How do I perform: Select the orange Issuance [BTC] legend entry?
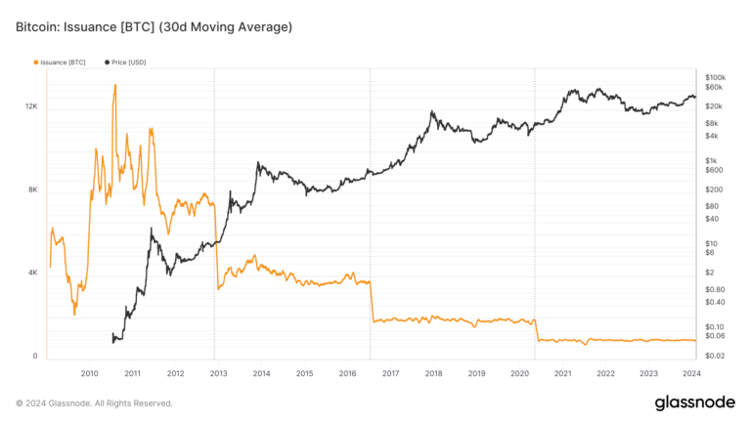pyautogui.click(x=60, y=63)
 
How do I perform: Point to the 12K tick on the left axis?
pyautogui.click(x=31, y=105)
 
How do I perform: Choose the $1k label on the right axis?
pyautogui.click(x=712, y=160)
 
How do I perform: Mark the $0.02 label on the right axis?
pyautogui.click(x=715, y=356)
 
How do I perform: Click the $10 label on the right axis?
pyautogui.click(x=711, y=243)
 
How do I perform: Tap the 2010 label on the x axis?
pyautogui.click(x=90, y=373)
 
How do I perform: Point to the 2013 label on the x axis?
pyautogui.click(x=219, y=373)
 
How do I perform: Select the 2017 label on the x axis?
pyautogui.click(x=390, y=373)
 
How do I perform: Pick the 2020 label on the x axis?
pyautogui.click(x=519, y=373)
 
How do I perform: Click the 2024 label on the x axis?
pyautogui.click(x=690, y=373)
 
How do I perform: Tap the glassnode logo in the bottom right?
pyautogui.click(x=695, y=402)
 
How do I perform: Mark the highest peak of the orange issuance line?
pyautogui.click(x=115, y=85)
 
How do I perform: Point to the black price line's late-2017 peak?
pyautogui.click(x=431, y=111)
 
